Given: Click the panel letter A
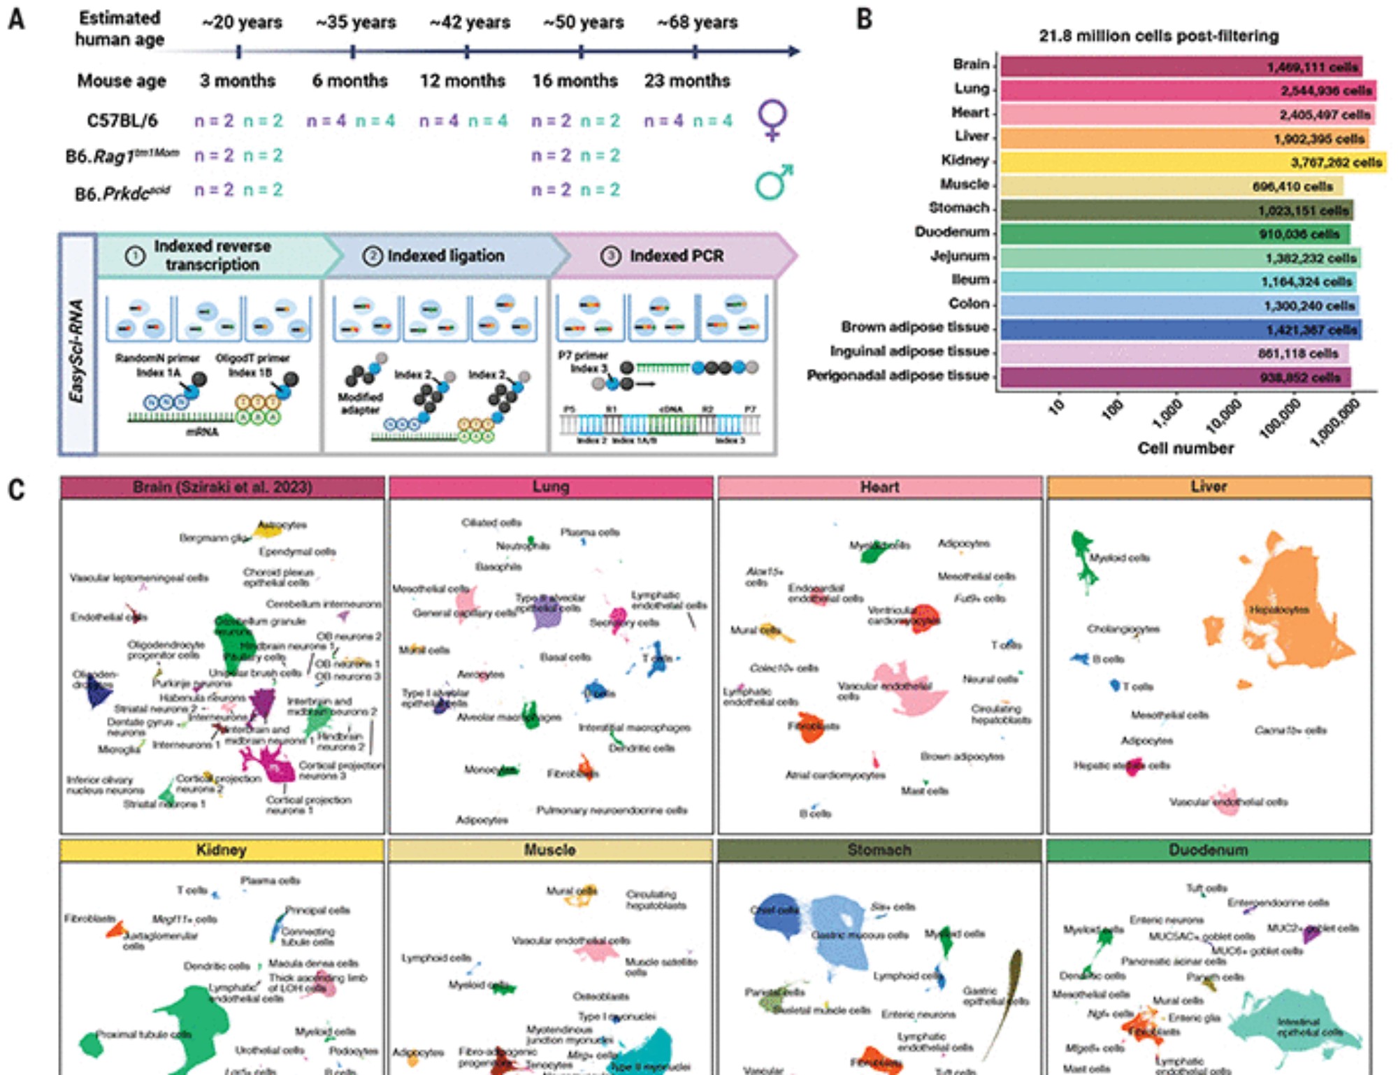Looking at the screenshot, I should [x=16, y=19].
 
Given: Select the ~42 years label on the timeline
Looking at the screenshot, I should [x=470, y=22].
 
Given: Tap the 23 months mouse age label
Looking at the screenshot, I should [x=686, y=81].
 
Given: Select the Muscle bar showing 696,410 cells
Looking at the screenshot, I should [x=1172, y=187].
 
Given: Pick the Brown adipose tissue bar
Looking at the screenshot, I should [x=1181, y=329].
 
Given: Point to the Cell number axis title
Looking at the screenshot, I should [x=1186, y=448].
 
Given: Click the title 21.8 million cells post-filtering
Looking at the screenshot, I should [x=1158, y=36].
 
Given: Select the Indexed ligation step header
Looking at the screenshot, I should [x=445, y=256].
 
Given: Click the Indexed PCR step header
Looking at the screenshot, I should [x=676, y=256].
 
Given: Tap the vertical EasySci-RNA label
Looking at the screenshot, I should [x=77, y=350].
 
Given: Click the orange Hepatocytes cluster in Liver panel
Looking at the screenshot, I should [x=1293, y=608].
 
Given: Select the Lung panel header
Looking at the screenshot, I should [x=551, y=486].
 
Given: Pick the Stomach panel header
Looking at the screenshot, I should [x=879, y=850].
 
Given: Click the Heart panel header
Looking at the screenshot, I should [x=879, y=486].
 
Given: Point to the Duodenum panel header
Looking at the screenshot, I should [x=1208, y=850].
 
